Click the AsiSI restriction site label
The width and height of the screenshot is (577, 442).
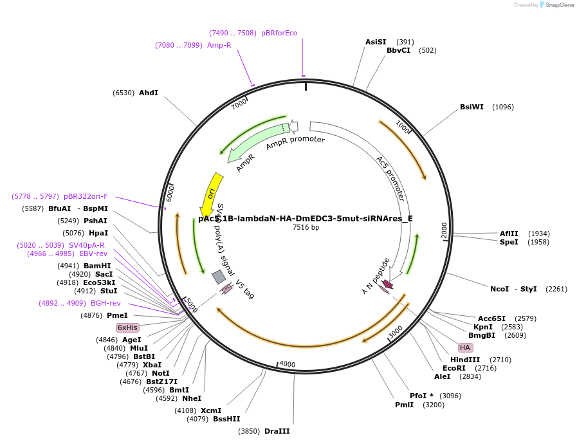click(376, 42)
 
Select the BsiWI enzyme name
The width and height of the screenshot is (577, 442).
click(472, 107)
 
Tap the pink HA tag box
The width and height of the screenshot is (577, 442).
click(465, 347)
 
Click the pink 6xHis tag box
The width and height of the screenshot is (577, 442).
click(127, 327)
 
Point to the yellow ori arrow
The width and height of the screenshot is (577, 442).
click(211, 194)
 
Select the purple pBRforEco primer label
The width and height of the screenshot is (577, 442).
click(279, 33)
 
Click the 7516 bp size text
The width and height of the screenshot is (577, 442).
click(306, 227)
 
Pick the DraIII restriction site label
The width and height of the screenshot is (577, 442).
click(277, 431)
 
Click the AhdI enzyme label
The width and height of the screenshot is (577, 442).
click(149, 93)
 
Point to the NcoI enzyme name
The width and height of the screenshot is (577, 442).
click(499, 289)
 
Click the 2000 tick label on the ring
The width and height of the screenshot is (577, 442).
click(444, 230)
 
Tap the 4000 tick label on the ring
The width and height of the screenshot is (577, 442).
click(287, 364)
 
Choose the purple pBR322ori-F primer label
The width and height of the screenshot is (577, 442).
click(86, 196)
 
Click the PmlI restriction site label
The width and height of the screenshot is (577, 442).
click(405, 405)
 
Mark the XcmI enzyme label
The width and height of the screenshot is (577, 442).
click(211, 410)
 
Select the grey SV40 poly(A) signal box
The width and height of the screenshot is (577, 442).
click(219, 277)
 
